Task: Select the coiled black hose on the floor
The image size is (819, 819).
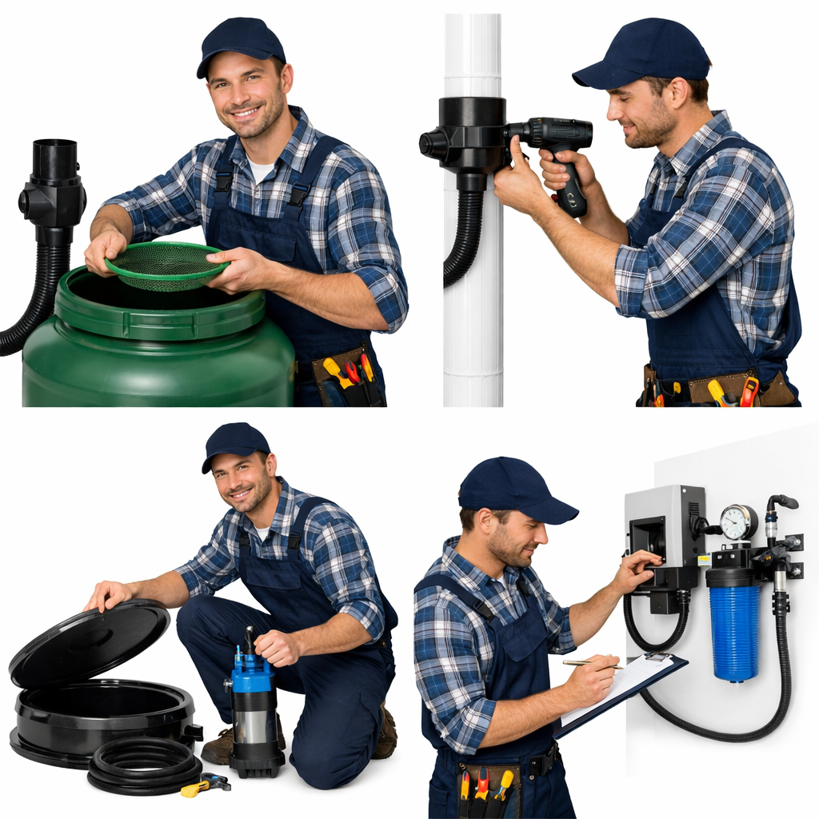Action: click(x=144, y=765)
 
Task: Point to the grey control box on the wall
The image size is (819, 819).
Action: click(x=664, y=528)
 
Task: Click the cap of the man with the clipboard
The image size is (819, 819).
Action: click(x=513, y=487)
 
